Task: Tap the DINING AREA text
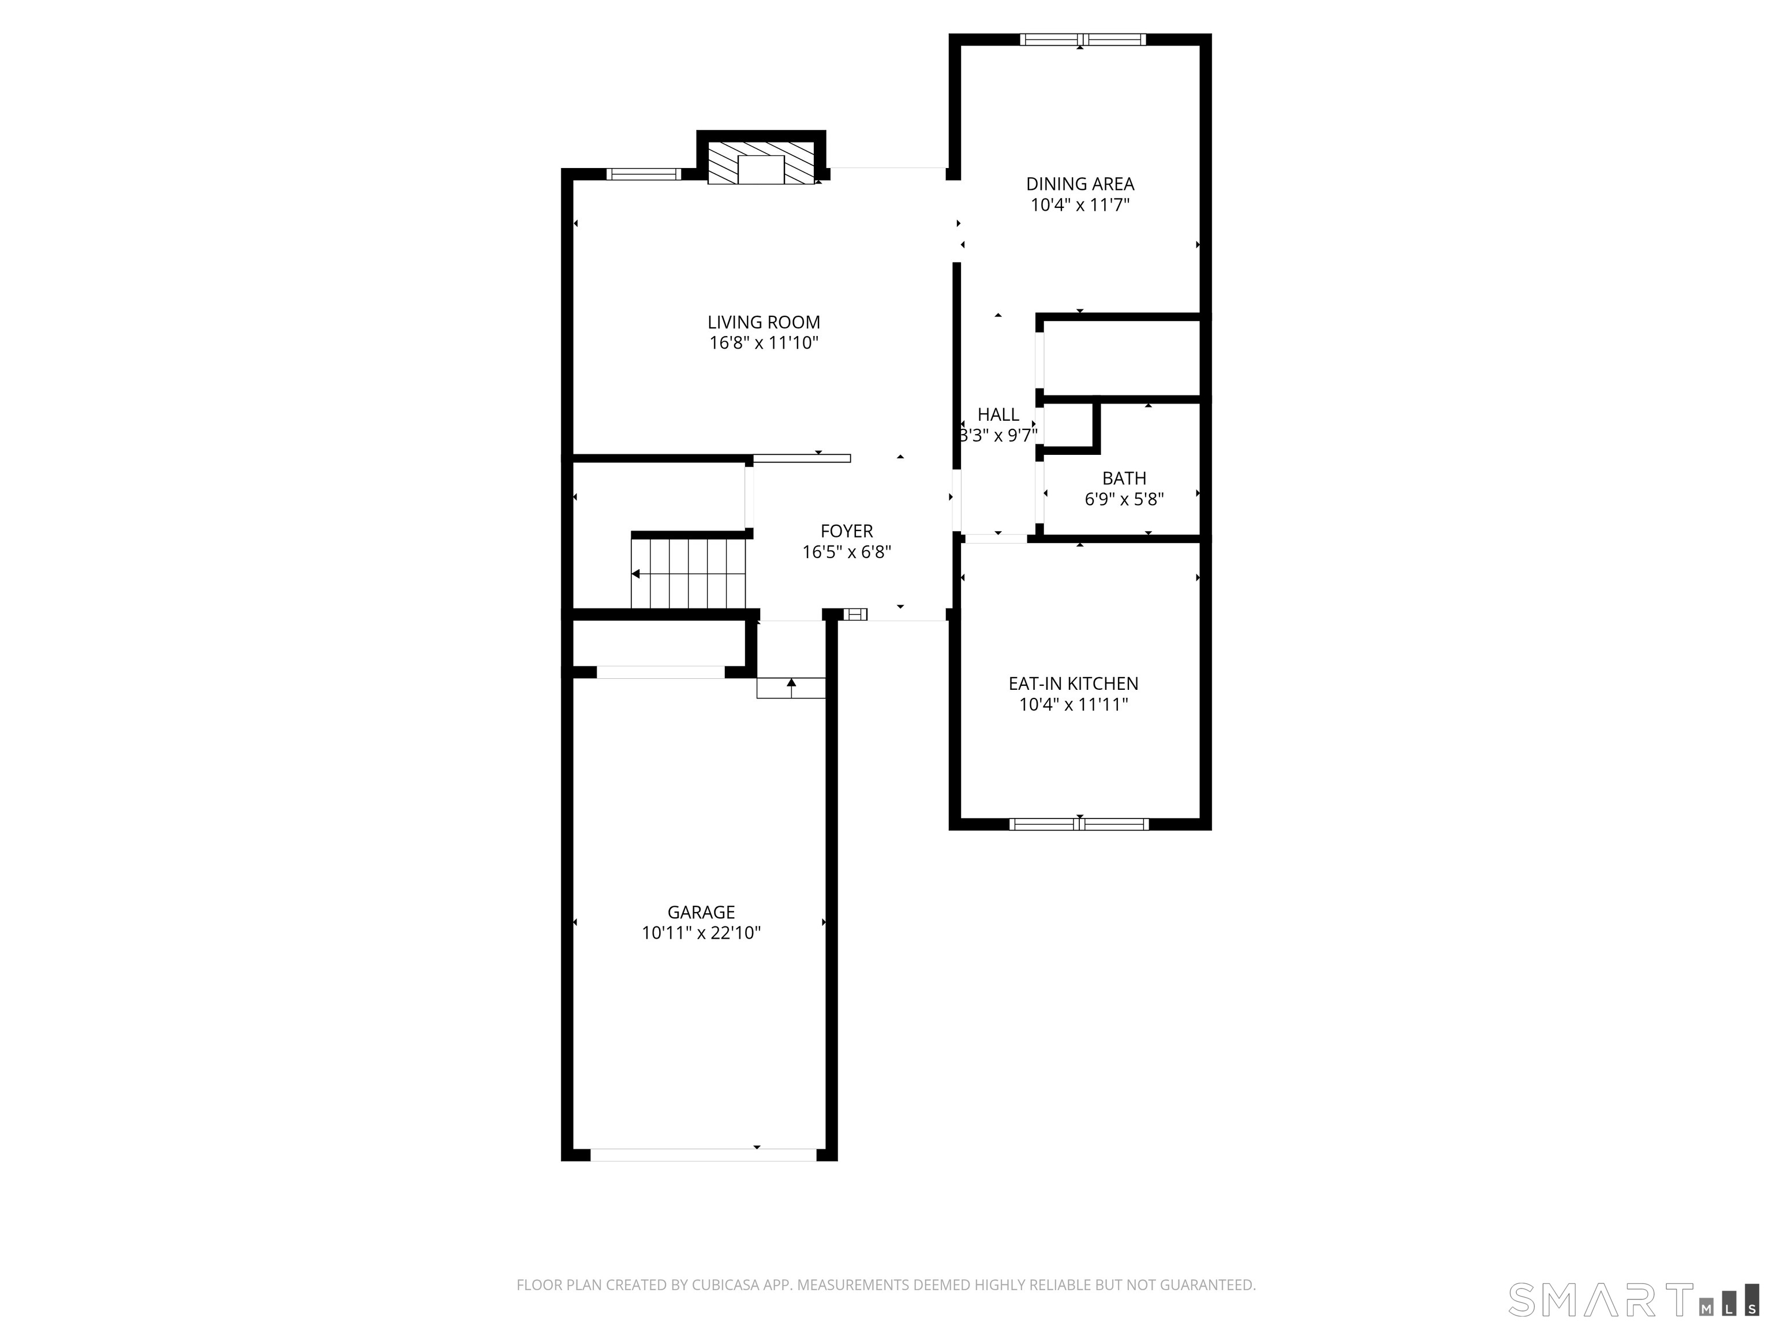(x=1080, y=184)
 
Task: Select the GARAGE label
(x=701, y=911)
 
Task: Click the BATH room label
(x=1124, y=478)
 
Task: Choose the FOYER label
(x=847, y=530)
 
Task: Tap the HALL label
(x=998, y=414)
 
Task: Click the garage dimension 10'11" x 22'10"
(x=701, y=932)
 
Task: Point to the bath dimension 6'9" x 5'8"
(x=1124, y=499)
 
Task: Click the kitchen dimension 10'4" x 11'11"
(x=1073, y=704)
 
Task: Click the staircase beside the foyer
(x=689, y=573)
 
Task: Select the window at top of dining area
(x=1082, y=39)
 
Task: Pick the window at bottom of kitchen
(x=1079, y=823)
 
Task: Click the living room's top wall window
(x=644, y=174)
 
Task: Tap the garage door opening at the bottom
(x=703, y=1155)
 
